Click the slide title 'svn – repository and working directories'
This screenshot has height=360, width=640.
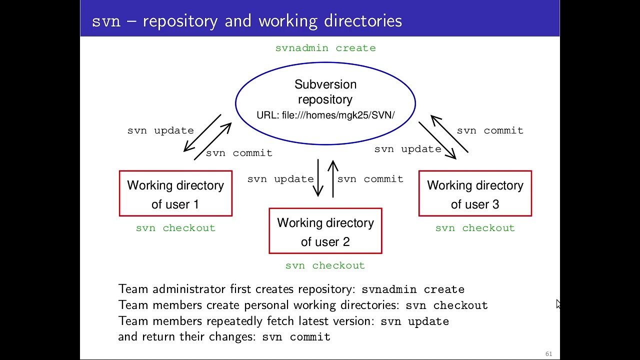(x=247, y=21)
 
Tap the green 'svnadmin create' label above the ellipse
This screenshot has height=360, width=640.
(x=325, y=48)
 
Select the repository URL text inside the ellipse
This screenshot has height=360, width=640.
(x=325, y=115)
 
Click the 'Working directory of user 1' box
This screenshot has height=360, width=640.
(x=175, y=194)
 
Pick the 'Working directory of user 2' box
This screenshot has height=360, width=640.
(x=325, y=231)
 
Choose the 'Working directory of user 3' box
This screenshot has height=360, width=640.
(x=475, y=194)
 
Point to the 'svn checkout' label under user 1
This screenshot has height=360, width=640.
(x=175, y=228)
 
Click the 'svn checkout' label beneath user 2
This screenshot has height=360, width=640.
(x=325, y=265)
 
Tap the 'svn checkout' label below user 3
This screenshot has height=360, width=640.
(x=475, y=228)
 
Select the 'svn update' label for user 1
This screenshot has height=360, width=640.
(x=160, y=130)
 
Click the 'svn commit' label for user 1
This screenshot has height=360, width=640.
(x=239, y=153)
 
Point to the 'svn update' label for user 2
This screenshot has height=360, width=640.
(x=280, y=179)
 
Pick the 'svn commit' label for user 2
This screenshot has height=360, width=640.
(x=370, y=179)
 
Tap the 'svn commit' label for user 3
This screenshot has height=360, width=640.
(x=490, y=130)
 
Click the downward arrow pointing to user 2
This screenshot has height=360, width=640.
(x=318, y=178)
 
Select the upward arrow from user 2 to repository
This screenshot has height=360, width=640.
(x=333, y=178)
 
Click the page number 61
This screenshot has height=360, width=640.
(x=548, y=354)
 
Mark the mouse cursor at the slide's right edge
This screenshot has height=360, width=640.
(x=558, y=304)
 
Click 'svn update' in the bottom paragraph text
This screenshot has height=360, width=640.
(x=414, y=321)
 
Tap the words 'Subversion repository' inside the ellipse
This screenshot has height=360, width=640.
(x=325, y=92)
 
